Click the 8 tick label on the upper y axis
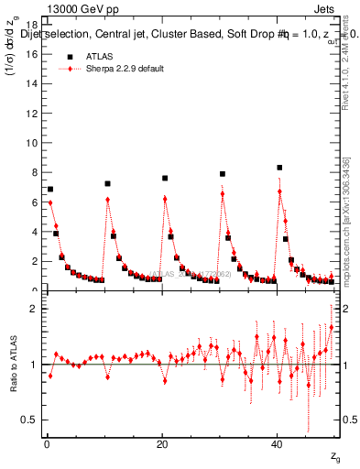34,172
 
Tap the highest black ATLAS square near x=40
279,168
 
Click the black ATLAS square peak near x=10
107,183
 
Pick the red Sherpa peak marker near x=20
165,199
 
